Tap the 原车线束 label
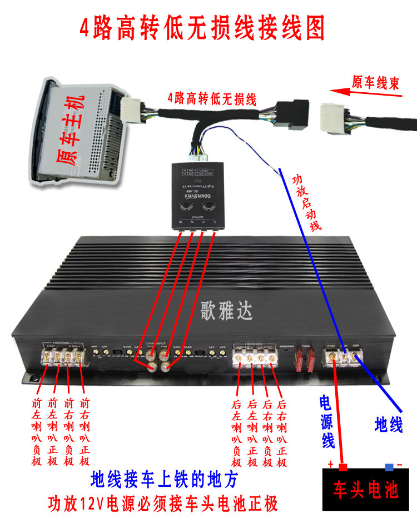pos(375,83)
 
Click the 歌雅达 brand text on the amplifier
pos(226,311)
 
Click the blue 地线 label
pos(388,425)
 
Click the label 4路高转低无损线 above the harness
pos(212,99)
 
